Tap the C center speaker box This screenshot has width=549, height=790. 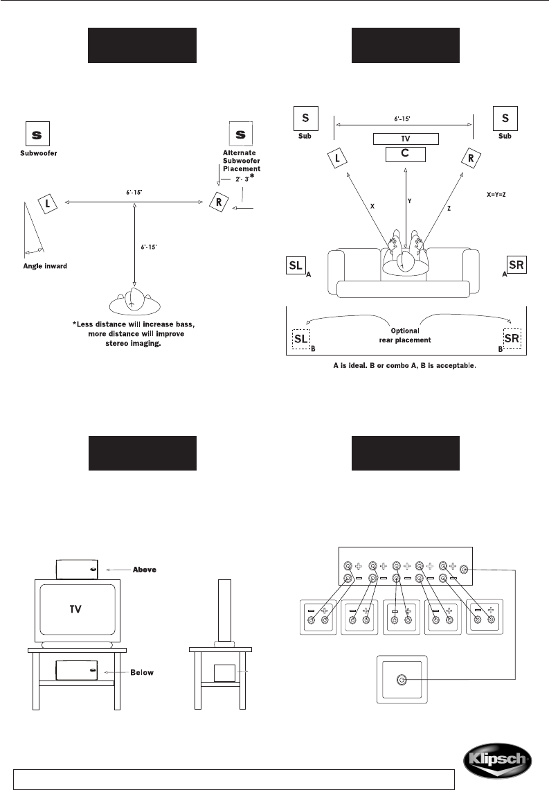coord(406,154)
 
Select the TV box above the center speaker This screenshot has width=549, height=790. coord(406,139)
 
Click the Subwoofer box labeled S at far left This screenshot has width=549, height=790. coord(38,134)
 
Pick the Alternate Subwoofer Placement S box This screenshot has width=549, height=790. coord(240,134)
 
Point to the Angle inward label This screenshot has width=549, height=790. coord(45,266)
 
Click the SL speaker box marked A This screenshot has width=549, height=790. coord(296,265)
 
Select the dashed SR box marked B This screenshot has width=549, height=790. coord(512,339)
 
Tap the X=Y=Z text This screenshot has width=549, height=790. coord(496,194)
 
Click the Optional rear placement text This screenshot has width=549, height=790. coord(405,335)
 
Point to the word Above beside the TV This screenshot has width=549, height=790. coord(145,570)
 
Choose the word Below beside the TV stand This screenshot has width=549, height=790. coord(142,673)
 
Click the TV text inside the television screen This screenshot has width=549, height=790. coord(75,609)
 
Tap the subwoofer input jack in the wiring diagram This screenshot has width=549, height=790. coord(402,681)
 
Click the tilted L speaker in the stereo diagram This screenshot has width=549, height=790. coord(48,204)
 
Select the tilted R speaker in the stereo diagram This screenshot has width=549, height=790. coord(219,202)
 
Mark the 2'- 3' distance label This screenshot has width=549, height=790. coord(243,179)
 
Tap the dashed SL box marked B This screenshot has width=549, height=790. coord(301,339)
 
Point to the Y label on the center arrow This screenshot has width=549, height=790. coord(410,201)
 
